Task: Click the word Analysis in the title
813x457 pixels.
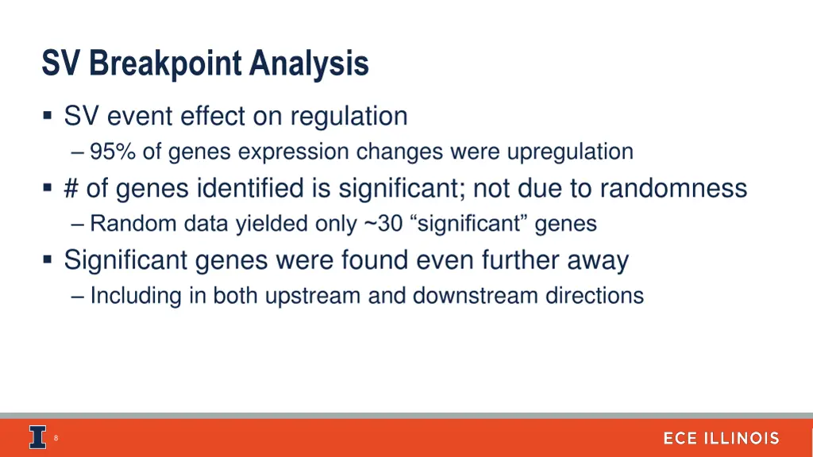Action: point(308,63)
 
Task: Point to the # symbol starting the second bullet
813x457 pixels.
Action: point(71,188)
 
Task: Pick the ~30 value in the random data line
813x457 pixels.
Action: point(383,224)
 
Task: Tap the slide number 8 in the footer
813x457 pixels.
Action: point(57,438)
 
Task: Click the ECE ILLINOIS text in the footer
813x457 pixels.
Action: point(721,438)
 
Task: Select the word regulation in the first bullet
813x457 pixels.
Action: point(349,117)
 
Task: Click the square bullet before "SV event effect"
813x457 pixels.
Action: point(48,117)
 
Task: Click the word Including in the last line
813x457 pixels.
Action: point(136,296)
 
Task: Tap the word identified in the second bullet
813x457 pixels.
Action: point(264,188)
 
